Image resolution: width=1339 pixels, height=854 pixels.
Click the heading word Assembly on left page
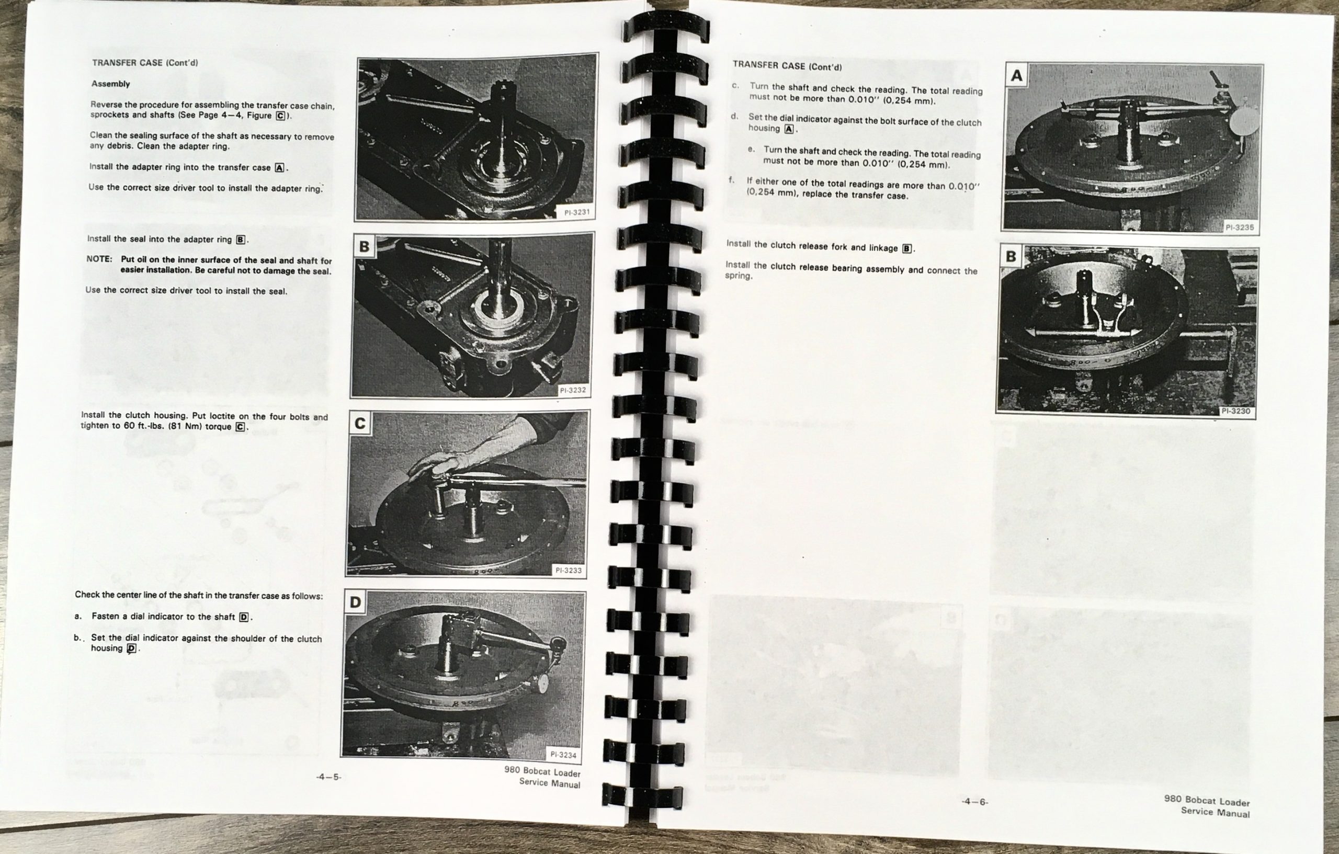[111, 84]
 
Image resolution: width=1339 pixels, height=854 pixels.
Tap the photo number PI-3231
[576, 212]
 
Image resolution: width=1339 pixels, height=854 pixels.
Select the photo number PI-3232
[572, 390]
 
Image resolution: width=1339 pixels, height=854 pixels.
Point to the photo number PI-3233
[569, 571]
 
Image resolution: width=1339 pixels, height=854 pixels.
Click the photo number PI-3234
[563, 755]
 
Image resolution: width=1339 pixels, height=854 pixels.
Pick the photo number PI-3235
[1240, 227]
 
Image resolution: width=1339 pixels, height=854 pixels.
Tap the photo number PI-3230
[1235, 412]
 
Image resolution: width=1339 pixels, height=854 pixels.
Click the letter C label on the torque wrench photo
[360, 424]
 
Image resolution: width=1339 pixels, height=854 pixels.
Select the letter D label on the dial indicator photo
[355, 602]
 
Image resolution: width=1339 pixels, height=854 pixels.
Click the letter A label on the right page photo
[1017, 75]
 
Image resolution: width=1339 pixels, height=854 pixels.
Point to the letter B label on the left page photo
[364, 246]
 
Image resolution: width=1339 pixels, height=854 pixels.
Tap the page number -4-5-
[328, 777]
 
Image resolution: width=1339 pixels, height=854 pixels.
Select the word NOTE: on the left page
[99, 259]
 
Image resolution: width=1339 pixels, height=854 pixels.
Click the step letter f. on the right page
[731, 180]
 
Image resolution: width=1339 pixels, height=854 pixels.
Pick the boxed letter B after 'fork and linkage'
[907, 248]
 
